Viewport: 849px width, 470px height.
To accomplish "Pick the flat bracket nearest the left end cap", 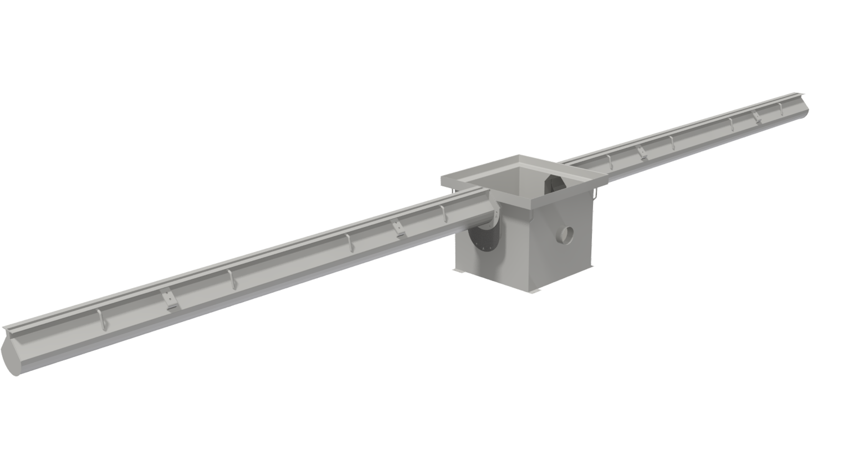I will pyautogui.click(x=170, y=300).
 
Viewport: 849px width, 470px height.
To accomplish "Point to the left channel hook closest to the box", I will pyautogui.click(x=443, y=213).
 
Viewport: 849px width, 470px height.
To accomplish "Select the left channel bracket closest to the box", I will pyautogui.click(x=398, y=228).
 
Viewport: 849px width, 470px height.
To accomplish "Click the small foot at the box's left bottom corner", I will pyautogui.click(x=459, y=270).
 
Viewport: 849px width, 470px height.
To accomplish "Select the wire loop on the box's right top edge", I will pyautogui.click(x=595, y=194).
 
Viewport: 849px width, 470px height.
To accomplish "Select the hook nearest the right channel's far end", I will pyautogui.click(x=781, y=109).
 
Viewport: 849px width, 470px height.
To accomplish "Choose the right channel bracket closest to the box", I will pyautogui.click(x=642, y=152).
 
